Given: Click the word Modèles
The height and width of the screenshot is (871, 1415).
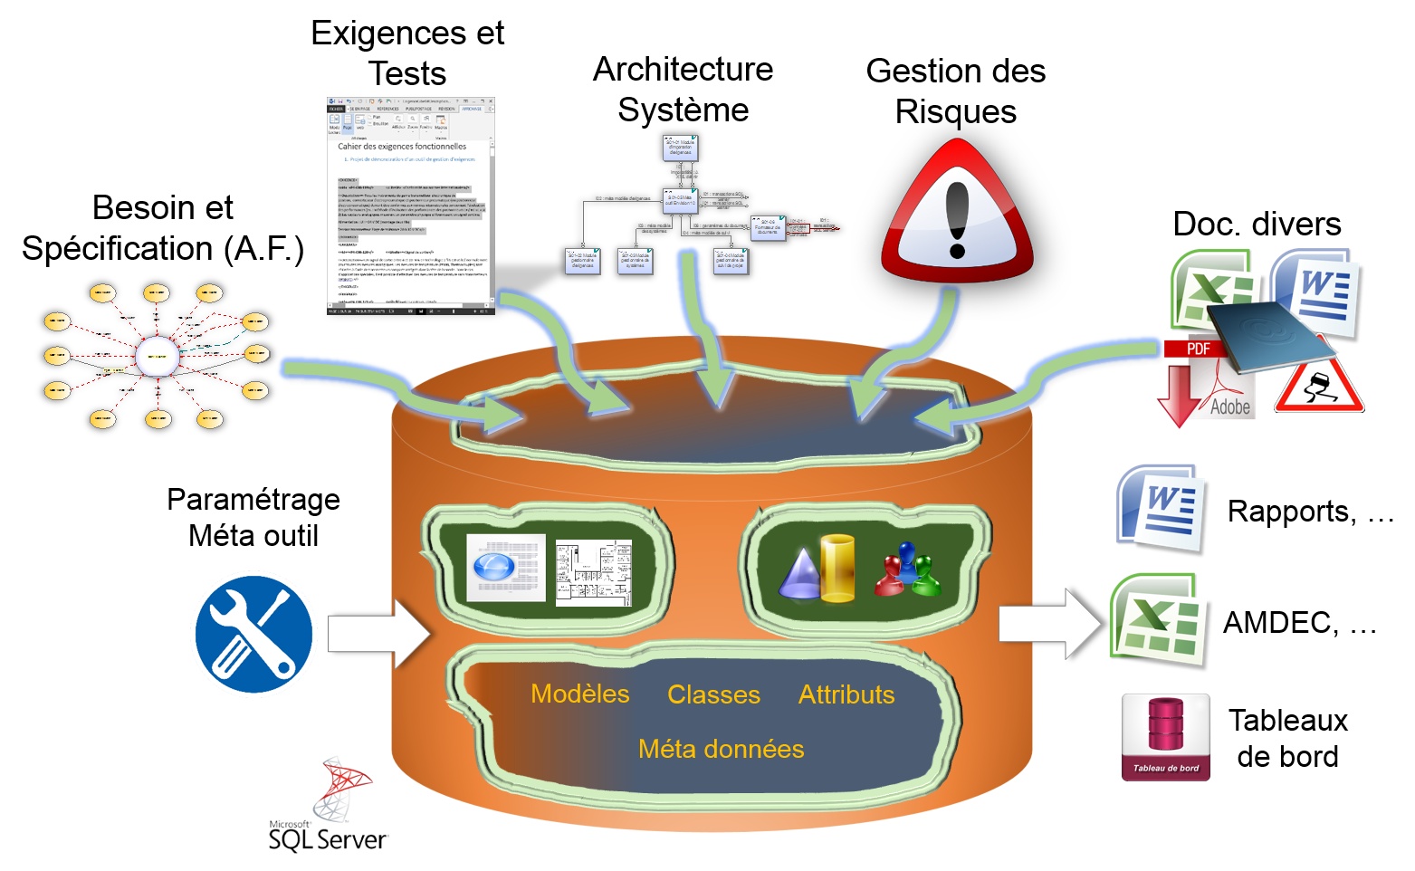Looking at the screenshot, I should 579,694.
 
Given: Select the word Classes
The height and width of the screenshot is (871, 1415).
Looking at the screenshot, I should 713,694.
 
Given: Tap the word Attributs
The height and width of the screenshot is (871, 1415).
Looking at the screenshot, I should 846,694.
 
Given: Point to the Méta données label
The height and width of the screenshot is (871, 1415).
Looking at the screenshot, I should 721,749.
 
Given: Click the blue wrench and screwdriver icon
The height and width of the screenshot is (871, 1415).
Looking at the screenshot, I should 253,634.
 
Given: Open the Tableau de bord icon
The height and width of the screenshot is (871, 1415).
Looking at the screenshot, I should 1166,737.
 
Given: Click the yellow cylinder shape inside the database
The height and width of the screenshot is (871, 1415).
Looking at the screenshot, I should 837,568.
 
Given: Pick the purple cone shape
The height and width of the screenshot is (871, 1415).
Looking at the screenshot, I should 798,576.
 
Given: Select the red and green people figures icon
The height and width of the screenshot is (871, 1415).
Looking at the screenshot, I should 907,570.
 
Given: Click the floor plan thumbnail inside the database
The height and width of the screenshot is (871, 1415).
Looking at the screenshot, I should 594,572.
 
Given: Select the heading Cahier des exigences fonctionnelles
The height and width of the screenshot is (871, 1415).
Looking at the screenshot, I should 402,146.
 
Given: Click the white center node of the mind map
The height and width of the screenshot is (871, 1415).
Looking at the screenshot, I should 157,357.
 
